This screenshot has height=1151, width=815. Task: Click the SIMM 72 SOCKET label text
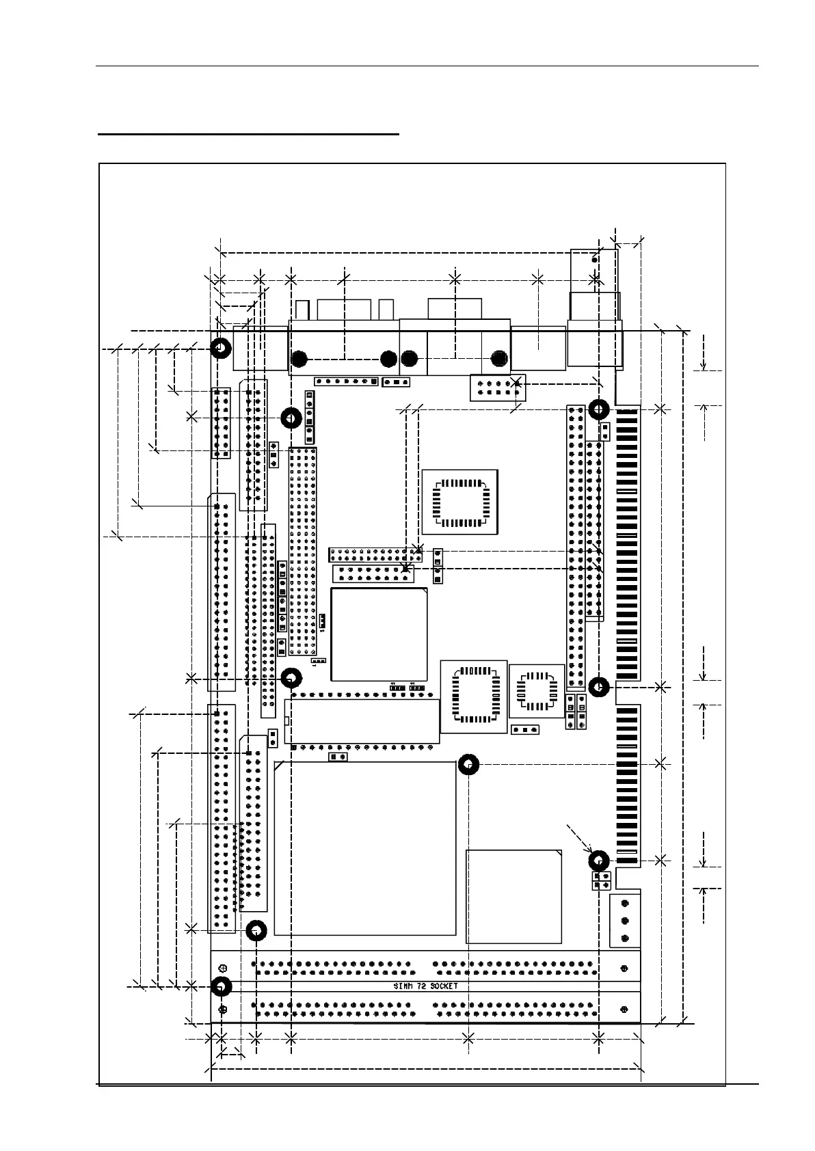[x=425, y=986]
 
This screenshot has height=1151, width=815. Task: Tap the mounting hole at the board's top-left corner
[x=220, y=349]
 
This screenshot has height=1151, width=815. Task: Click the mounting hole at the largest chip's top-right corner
[x=468, y=764]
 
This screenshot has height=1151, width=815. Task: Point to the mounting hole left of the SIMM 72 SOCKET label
[x=220, y=986]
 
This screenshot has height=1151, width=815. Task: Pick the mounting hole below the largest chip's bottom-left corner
[x=256, y=930]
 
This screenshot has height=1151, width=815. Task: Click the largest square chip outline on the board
[x=365, y=848]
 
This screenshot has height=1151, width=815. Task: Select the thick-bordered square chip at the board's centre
[x=379, y=634]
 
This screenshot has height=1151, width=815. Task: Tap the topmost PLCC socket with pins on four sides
[x=459, y=502]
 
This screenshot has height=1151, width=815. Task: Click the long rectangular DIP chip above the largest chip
[x=362, y=721]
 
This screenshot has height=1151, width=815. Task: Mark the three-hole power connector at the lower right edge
[x=625, y=921]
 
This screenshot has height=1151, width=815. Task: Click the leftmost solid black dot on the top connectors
[x=299, y=359]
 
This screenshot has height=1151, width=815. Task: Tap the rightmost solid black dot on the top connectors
[x=499, y=359]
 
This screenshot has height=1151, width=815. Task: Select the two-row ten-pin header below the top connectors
[x=497, y=388]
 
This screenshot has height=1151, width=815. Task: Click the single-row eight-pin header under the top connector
[x=346, y=381]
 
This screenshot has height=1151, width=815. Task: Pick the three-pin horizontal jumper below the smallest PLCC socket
[x=525, y=729]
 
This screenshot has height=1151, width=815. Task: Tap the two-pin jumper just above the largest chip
[x=336, y=757]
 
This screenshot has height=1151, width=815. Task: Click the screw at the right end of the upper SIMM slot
[x=624, y=969]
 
